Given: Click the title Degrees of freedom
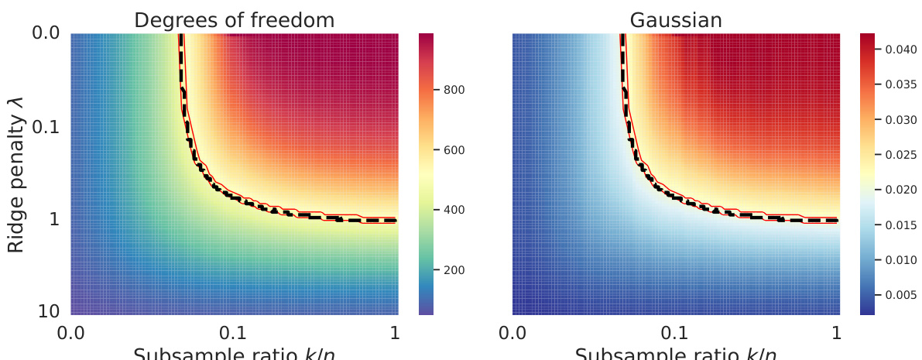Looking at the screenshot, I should tap(235, 20).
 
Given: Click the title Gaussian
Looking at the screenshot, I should tap(676, 20).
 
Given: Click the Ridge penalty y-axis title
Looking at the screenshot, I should tap(16, 174).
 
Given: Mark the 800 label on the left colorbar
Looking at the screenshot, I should tap(454, 90).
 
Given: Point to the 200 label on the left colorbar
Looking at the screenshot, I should tap(454, 270).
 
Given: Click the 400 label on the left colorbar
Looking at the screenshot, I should tap(454, 210).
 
